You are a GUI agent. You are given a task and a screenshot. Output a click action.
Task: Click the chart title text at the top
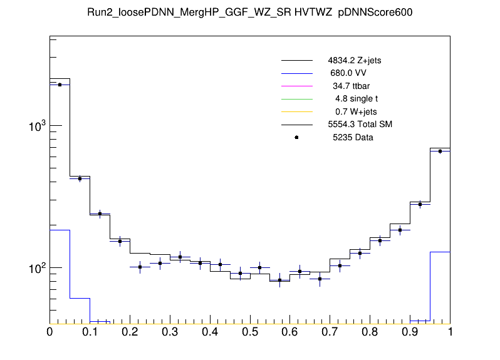tap(250, 13)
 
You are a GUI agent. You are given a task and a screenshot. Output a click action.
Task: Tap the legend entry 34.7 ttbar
tap(352, 86)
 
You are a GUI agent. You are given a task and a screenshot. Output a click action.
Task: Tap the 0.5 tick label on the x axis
tap(250, 332)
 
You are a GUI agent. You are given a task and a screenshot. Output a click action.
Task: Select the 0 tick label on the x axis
tap(49, 332)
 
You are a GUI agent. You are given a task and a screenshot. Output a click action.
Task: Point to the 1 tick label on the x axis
tap(450, 332)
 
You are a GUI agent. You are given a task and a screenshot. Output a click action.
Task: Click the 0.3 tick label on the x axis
tap(170, 332)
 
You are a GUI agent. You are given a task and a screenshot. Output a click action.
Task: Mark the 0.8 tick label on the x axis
tap(370, 332)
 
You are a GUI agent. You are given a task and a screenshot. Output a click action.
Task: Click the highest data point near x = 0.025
tap(60, 85)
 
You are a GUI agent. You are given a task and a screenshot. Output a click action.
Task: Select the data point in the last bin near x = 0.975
tap(440, 151)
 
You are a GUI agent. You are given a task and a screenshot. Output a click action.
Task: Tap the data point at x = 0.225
tap(140, 267)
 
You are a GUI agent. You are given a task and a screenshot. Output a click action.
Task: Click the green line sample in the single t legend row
tap(296, 99)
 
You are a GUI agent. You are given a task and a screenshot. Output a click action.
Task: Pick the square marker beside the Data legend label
tap(296, 137)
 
